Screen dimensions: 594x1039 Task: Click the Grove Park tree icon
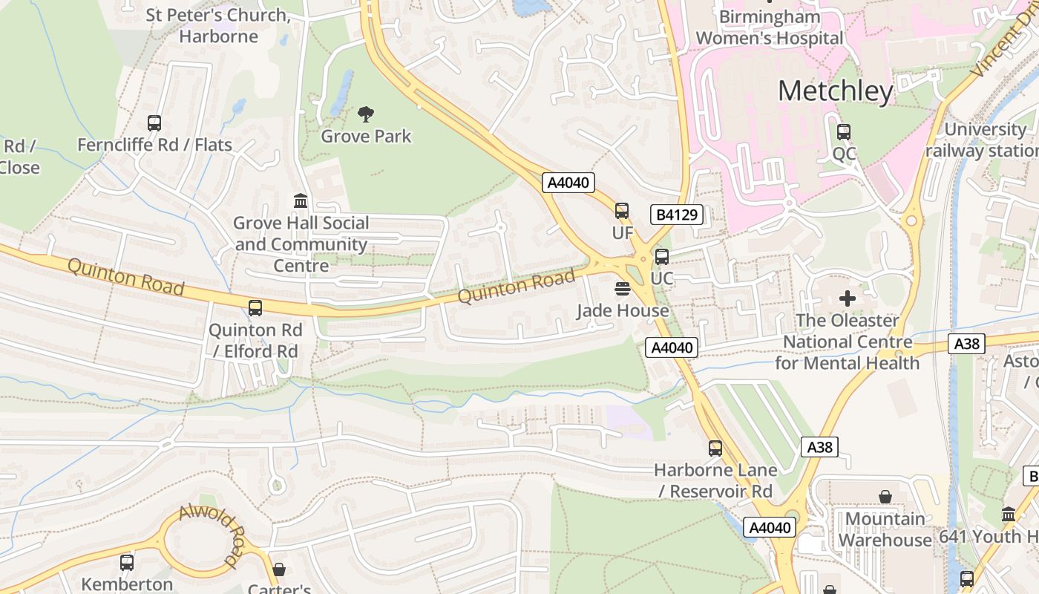point(365,114)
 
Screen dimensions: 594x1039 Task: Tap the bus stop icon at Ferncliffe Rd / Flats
point(154,123)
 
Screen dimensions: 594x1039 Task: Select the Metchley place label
point(836,91)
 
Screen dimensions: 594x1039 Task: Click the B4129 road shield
point(676,215)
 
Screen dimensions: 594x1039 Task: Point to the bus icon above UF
point(622,211)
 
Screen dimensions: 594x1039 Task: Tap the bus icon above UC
point(661,257)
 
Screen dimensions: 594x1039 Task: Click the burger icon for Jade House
point(623,288)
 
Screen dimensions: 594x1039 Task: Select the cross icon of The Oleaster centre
point(847,298)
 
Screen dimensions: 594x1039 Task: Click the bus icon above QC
point(844,132)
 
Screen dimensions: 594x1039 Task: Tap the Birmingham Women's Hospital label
point(770,27)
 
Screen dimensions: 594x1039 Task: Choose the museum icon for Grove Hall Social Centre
point(301,200)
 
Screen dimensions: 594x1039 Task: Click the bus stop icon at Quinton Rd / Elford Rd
point(255,307)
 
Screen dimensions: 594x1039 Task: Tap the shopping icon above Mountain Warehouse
point(885,496)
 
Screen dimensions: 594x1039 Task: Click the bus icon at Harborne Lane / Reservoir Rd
point(715,448)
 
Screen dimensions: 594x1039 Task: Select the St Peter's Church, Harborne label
point(217,25)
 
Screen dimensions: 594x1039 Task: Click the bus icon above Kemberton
point(127,562)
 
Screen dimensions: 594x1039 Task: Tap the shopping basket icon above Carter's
point(279,569)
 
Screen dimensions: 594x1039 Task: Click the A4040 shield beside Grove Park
point(568,183)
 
